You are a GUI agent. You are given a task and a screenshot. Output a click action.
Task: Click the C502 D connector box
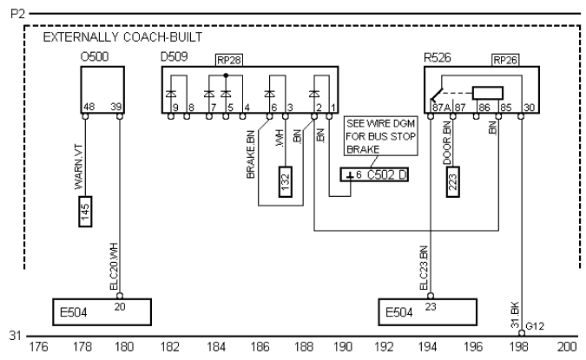[x=376, y=176]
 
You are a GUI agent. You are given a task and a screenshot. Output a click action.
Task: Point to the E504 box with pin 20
[x=100, y=310]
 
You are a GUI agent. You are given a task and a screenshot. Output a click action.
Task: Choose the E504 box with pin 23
[x=428, y=310]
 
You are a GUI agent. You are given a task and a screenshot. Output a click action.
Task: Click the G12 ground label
[x=537, y=326]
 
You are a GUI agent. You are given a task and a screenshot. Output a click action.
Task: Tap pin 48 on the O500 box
[x=88, y=107]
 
